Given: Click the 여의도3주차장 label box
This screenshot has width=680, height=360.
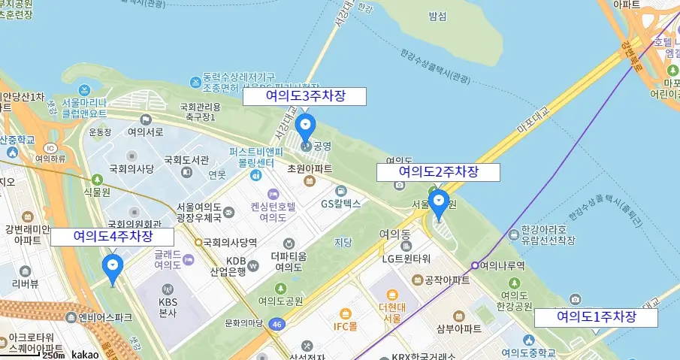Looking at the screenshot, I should coord(304,96).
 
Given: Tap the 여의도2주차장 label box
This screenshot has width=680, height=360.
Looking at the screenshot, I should coord(437,172).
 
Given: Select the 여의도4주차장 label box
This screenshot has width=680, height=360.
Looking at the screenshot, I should coord(113,237).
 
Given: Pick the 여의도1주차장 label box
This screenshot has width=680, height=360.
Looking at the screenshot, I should coord(596,318).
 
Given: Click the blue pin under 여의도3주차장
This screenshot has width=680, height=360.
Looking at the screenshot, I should coord(305,128).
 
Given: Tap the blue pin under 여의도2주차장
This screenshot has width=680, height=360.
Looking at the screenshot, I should coord(438,203).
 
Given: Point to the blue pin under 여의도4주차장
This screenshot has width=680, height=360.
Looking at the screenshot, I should coord(113,267).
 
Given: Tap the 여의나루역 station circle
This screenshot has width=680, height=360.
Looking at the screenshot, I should coord(475,265).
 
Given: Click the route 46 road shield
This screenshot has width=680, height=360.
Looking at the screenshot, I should coord(277,324).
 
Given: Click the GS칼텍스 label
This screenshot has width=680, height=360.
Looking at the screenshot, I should coord(341,203).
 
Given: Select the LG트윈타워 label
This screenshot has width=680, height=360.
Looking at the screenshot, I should coord(406,259).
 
